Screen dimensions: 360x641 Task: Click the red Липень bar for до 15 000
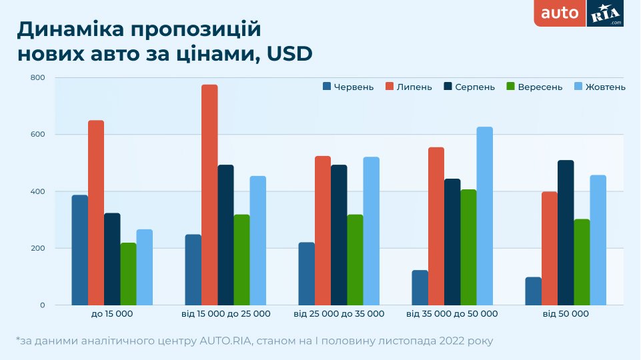coord(96,213)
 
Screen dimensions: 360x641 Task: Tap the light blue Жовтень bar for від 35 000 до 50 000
coord(484,216)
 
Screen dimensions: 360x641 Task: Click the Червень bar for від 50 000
coord(533,291)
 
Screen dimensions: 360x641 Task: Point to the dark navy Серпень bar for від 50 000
coord(566,233)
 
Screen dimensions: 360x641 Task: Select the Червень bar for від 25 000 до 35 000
coord(306,273)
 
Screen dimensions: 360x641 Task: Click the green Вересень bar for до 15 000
coord(128,274)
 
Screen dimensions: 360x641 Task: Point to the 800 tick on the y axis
coord(37,78)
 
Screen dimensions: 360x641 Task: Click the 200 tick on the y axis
coord(37,249)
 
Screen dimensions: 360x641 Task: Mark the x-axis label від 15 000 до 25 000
coord(226,313)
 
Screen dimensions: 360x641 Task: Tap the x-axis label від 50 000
coord(566,313)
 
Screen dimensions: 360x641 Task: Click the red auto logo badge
coord(560,13)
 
